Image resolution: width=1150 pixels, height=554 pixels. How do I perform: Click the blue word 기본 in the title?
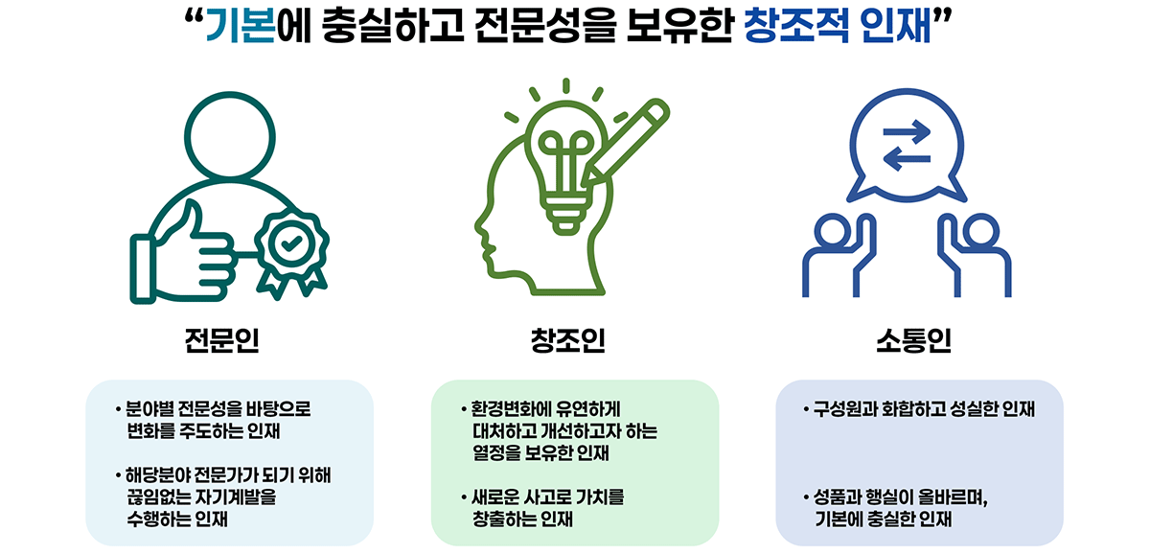click(240, 28)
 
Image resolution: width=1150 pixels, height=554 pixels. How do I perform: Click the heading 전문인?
click(222, 341)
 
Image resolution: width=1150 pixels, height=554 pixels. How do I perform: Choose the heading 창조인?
click(567, 341)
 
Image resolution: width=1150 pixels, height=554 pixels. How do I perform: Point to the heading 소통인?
click(912, 341)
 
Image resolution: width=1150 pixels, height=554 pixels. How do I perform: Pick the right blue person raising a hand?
click(974, 254)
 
